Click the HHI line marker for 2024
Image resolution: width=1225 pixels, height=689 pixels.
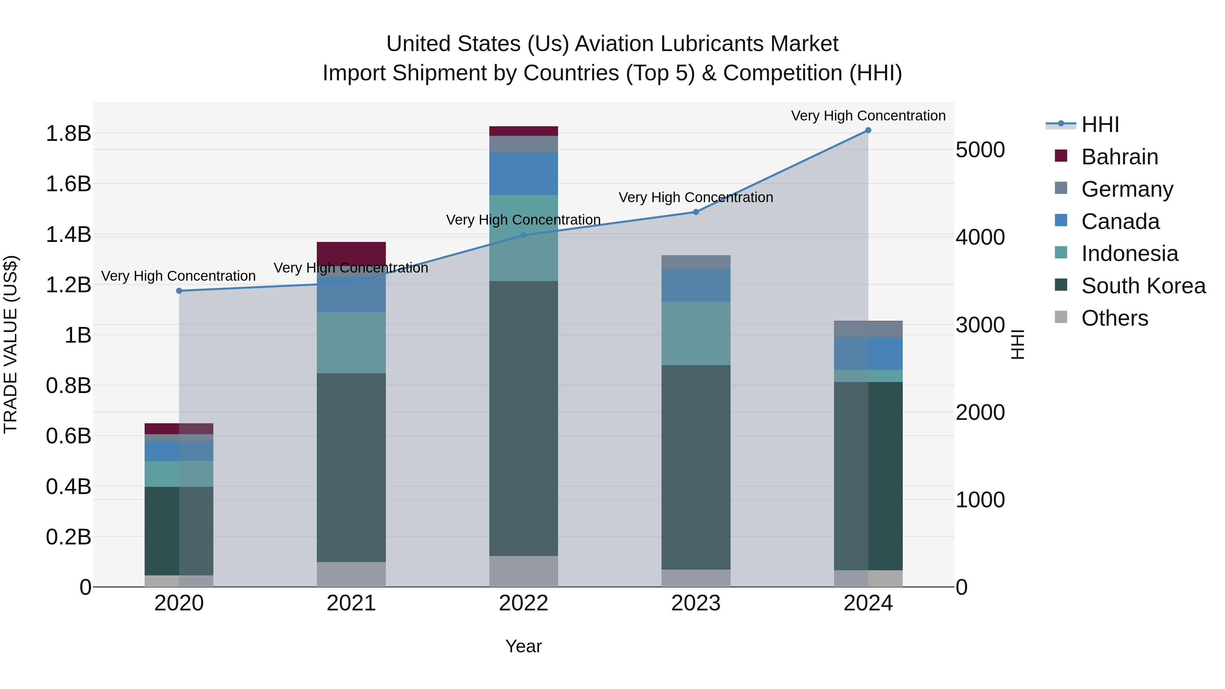(868, 130)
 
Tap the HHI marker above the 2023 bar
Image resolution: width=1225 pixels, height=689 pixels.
(696, 212)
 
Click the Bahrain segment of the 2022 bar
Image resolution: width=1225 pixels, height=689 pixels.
(524, 131)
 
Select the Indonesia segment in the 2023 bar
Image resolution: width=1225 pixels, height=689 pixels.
(696, 333)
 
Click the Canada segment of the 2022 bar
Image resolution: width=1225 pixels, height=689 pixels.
(524, 174)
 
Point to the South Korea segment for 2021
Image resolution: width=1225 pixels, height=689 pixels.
(352, 467)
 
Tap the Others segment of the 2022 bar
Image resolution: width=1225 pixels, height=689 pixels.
(524, 571)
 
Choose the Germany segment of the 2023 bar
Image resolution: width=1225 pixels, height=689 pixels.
(696, 262)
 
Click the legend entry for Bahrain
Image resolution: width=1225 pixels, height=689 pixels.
(1120, 157)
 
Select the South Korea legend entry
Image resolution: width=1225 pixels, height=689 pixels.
(1143, 286)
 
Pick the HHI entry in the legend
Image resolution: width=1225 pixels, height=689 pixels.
(1100, 125)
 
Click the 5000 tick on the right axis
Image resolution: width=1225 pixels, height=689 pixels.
(980, 150)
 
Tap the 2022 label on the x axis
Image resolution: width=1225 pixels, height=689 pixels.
(524, 603)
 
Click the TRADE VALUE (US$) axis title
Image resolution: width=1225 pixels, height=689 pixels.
(11, 345)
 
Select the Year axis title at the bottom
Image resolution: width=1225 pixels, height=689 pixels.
(524, 646)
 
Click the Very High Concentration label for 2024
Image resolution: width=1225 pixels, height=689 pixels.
(868, 116)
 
